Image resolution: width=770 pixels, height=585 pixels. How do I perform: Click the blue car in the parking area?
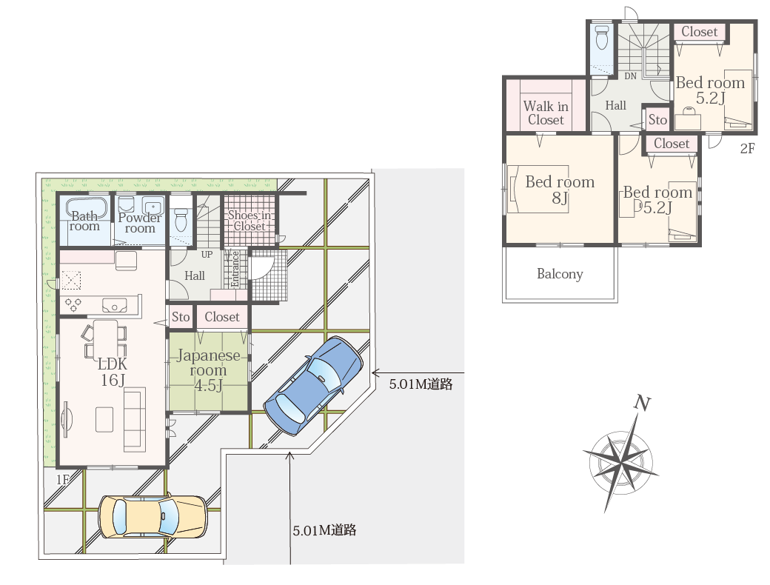click(x=313, y=386)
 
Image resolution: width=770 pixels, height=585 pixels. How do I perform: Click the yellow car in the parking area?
click(x=153, y=517)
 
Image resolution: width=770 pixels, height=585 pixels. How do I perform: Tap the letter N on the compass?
click(x=642, y=403)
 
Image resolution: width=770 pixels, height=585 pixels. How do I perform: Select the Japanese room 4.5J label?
click(x=208, y=370)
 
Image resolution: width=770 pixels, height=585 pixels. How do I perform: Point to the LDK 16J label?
click(x=113, y=371)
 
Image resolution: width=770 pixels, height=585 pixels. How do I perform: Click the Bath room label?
click(x=84, y=221)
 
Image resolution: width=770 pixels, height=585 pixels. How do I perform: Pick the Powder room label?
click(x=140, y=222)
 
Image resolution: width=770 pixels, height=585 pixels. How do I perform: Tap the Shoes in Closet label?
click(x=250, y=221)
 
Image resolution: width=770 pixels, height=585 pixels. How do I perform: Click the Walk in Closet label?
click(x=546, y=113)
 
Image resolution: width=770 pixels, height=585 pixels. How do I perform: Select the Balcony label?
click(x=560, y=273)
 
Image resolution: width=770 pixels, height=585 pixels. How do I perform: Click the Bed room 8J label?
click(x=560, y=189)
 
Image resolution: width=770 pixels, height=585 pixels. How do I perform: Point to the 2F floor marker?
click(x=747, y=148)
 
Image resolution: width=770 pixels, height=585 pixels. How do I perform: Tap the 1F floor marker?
click(x=63, y=479)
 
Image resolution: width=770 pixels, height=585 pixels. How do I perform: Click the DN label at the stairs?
click(x=631, y=76)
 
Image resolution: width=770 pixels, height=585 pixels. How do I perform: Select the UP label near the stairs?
click(x=207, y=255)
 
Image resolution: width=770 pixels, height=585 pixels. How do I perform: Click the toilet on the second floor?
click(x=601, y=37)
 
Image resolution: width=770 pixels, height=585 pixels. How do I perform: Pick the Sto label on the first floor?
click(x=181, y=317)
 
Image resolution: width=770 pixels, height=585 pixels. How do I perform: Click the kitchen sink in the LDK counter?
click(x=115, y=306)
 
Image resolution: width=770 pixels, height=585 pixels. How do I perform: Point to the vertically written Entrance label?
click(x=235, y=269)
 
